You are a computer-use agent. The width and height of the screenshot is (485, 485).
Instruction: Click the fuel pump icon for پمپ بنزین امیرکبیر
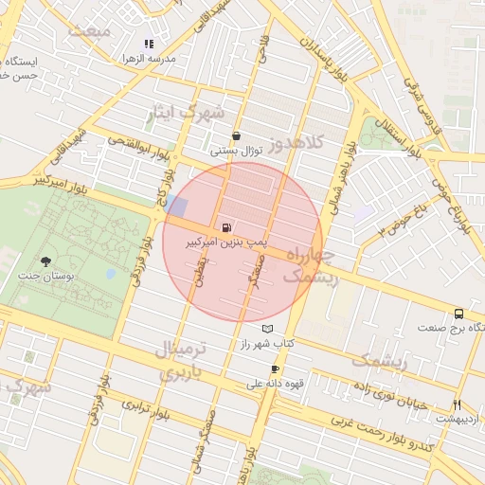click(x=225, y=227)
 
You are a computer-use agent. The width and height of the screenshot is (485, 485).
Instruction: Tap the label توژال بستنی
click(x=235, y=150)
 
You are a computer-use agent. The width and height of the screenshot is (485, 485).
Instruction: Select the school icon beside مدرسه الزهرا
click(x=148, y=44)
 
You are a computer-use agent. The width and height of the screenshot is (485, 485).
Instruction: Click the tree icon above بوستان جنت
click(x=45, y=261)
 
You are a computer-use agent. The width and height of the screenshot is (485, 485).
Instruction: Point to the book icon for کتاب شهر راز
click(x=267, y=328)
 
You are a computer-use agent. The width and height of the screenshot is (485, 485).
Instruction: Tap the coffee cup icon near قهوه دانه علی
click(x=276, y=369)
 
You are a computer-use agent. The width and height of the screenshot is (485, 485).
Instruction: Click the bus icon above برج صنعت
click(x=459, y=313)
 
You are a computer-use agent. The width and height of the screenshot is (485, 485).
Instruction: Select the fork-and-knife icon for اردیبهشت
click(x=458, y=404)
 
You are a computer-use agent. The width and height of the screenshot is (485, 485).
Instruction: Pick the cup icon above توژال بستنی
click(x=235, y=135)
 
